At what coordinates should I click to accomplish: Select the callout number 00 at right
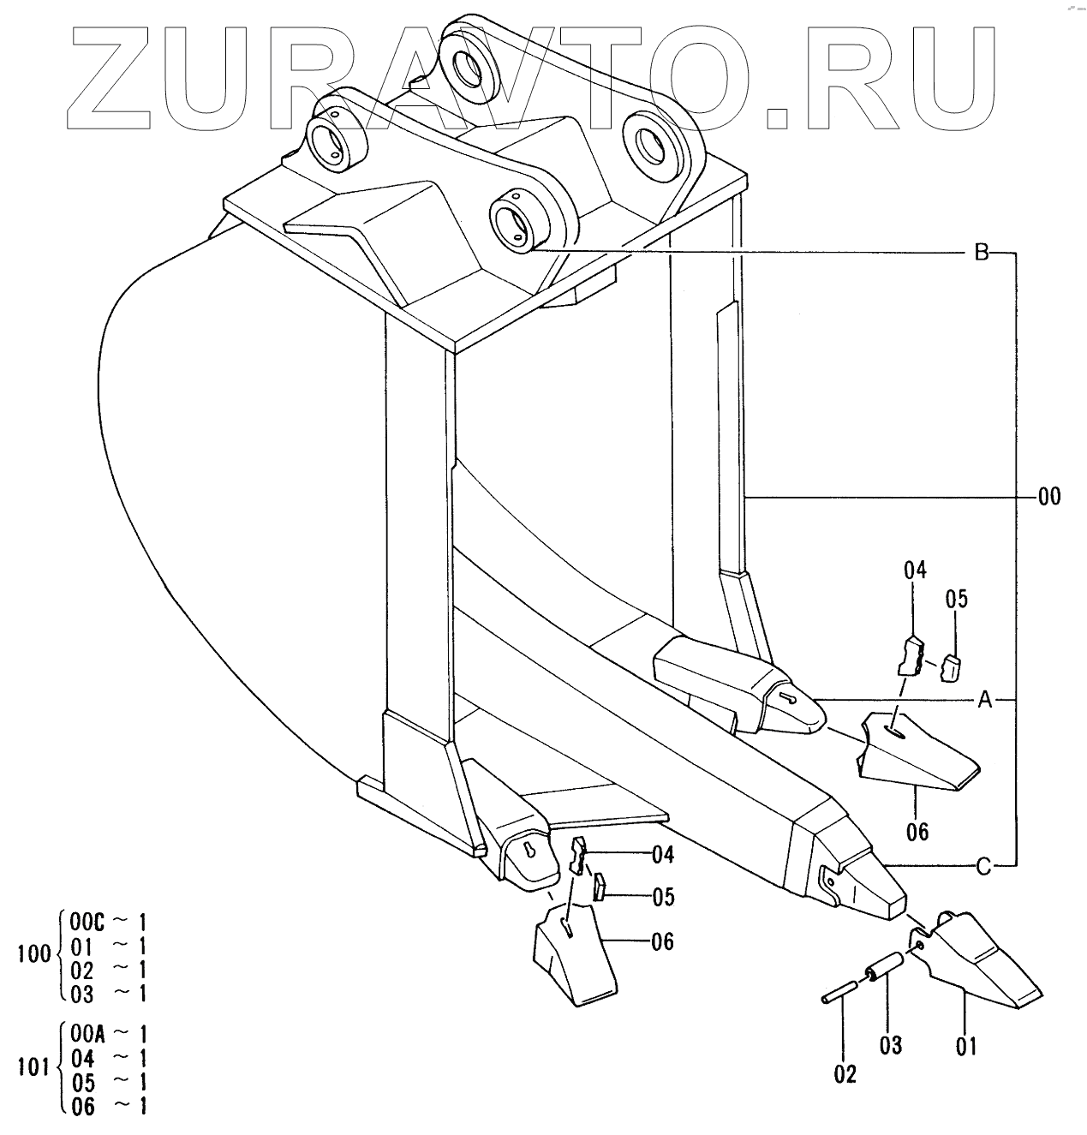coord(1048,497)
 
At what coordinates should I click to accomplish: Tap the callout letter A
coord(984,702)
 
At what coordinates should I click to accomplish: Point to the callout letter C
coord(983,867)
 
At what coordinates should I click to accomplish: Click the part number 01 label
coord(966,1046)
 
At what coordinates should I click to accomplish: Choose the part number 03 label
coord(891,1046)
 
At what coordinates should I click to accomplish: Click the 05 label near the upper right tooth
coord(957,599)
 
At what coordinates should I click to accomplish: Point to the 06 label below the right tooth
coord(917,831)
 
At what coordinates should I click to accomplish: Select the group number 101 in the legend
coord(34,1069)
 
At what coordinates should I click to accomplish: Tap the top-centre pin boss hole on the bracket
coord(466,67)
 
